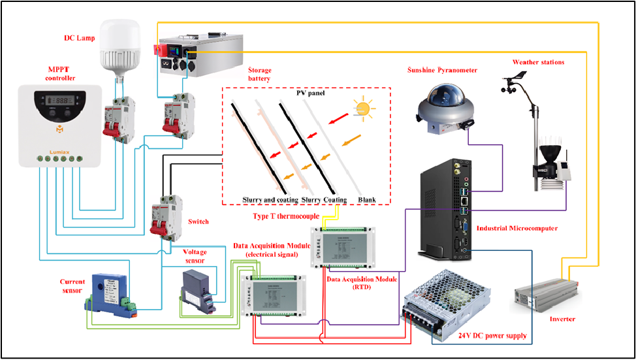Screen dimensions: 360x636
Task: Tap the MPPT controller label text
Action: [x=61, y=74]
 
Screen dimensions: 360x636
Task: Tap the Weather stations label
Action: [x=538, y=62]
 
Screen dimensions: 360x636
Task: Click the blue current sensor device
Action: [x=108, y=290]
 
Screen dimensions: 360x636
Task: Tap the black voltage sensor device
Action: [x=200, y=287]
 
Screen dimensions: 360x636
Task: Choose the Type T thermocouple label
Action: [x=285, y=216]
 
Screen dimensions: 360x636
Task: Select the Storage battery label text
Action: [x=259, y=74]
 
